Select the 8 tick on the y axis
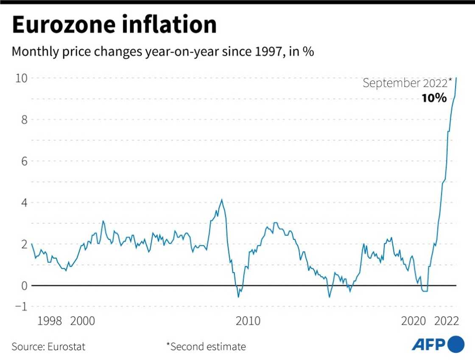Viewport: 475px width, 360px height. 24,120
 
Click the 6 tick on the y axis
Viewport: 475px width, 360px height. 24,161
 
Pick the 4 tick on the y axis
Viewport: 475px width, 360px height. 24,202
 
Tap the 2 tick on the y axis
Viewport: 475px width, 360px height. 24,244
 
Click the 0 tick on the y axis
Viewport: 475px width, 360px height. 24,286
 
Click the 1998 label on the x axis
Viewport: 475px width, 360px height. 50,321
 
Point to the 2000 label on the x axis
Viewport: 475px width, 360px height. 82,321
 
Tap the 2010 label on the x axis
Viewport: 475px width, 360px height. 248,321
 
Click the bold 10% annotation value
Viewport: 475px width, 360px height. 434,98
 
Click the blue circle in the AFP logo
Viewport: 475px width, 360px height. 456,343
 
